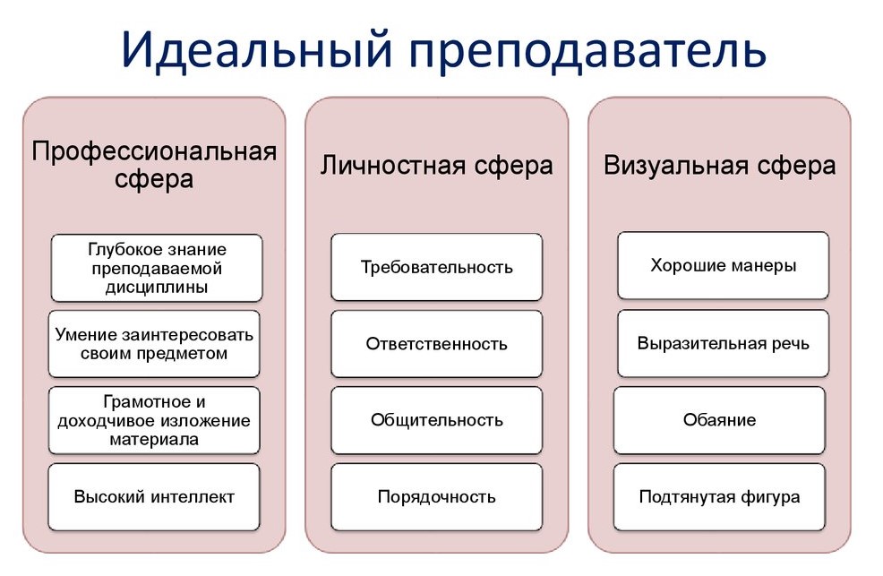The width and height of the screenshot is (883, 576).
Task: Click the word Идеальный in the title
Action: (257, 49)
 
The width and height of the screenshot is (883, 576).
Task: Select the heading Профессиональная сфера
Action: (154, 165)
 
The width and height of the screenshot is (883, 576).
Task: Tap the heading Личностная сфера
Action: (436, 166)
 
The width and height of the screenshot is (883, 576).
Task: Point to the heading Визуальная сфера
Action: (720, 166)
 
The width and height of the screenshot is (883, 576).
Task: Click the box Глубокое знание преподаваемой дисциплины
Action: (157, 268)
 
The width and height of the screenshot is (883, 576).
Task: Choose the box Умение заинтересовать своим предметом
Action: (154, 344)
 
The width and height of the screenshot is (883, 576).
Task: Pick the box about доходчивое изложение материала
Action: (154, 420)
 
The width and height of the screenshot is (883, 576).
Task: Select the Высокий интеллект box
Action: (154, 497)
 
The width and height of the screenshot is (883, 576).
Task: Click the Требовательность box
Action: (436, 267)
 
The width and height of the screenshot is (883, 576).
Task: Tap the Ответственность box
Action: (436, 343)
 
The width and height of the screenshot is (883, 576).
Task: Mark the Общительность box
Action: (436, 420)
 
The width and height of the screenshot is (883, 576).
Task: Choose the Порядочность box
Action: (436, 496)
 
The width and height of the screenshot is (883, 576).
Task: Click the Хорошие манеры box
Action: (723, 265)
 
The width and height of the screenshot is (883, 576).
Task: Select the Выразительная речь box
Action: (723, 343)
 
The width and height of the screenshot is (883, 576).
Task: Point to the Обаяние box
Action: (719, 420)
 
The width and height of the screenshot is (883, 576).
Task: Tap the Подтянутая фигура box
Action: (719, 496)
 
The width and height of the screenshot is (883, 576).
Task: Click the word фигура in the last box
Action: (770, 498)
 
